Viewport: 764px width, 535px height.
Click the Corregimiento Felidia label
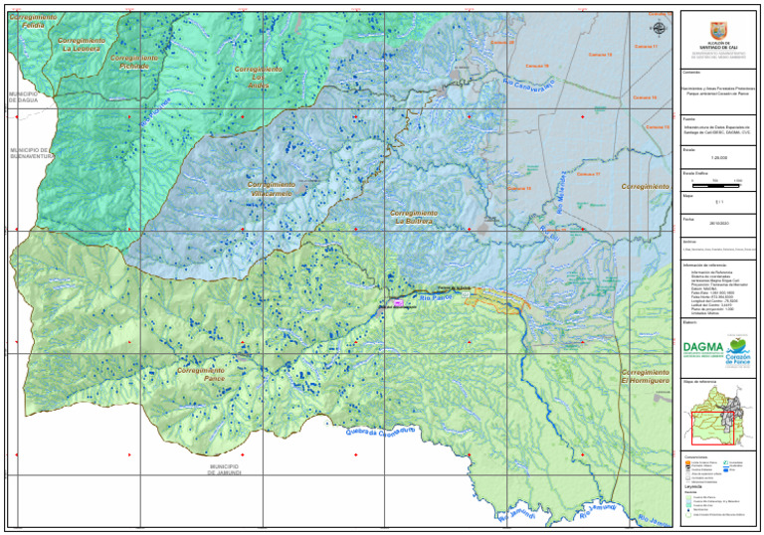[x=33, y=20]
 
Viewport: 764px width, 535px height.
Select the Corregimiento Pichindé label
[x=133, y=62]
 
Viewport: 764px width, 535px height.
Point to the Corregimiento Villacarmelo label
[x=271, y=189]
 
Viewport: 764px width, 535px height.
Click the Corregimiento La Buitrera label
[x=413, y=218]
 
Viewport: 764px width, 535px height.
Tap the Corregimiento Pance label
[x=201, y=374]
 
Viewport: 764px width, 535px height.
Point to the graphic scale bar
[x=720, y=181]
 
